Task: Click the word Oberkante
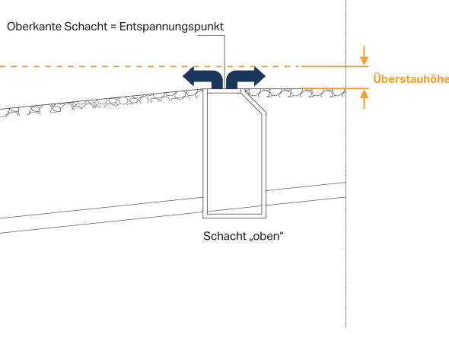(x=33, y=27)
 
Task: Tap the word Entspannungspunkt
(x=171, y=27)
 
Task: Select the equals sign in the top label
(x=113, y=27)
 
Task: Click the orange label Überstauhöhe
(x=411, y=78)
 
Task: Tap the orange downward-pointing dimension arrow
(x=364, y=56)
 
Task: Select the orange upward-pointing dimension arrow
(x=364, y=99)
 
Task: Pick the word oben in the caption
(x=266, y=237)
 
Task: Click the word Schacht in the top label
(x=86, y=27)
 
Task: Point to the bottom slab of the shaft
(x=234, y=216)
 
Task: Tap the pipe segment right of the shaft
(x=306, y=194)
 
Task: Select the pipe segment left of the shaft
(x=101, y=215)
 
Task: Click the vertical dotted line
(x=346, y=164)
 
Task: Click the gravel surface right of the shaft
(x=295, y=93)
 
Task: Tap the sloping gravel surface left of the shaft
(x=100, y=103)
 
